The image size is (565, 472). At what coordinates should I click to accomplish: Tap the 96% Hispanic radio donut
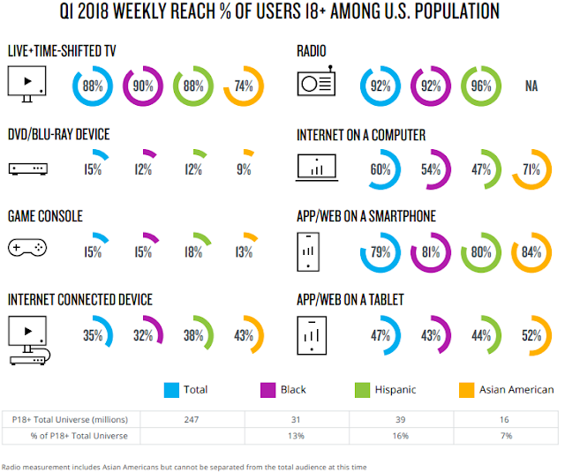481,104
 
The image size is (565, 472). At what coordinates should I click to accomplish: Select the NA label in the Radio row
531,86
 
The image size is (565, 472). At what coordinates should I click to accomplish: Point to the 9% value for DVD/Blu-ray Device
244,169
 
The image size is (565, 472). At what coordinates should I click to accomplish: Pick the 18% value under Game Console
193,252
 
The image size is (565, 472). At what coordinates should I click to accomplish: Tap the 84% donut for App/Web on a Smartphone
531,270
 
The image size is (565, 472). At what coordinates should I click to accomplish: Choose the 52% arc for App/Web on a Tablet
549,335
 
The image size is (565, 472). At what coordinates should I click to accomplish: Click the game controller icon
27,248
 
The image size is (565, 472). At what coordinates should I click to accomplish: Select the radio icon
316,81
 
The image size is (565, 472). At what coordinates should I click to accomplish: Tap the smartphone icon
308,251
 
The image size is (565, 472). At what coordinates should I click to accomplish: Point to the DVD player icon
28,169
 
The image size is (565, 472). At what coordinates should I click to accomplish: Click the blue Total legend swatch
171,390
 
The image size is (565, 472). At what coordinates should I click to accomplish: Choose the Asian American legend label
516,390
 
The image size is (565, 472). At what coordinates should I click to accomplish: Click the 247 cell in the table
192,420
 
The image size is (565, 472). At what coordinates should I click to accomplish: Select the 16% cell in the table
400,436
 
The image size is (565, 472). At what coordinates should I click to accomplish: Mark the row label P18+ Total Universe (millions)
70,420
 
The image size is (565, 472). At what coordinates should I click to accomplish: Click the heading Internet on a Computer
361,135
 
